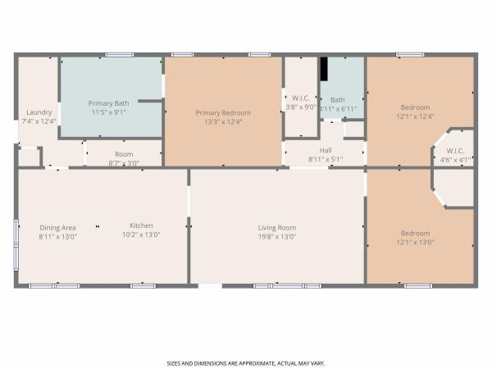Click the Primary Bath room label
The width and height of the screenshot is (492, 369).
(108, 103)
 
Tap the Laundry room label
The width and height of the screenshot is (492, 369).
(39, 112)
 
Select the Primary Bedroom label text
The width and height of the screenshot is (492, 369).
(223, 113)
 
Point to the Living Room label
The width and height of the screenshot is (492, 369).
(277, 228)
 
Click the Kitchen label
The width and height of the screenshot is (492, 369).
(141, 225)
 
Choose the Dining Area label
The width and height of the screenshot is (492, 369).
(57, 228)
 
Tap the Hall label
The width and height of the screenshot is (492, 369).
(326, 150)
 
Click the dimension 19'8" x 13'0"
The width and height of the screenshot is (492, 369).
(277, 237)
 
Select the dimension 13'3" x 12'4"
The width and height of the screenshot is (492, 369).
(223, 121)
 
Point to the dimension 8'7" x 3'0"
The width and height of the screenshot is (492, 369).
(124, 163)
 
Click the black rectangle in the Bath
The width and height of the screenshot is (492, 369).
(324, 69)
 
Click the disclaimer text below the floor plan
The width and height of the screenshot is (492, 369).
(246, 363)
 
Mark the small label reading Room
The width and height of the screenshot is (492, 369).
(124, 154)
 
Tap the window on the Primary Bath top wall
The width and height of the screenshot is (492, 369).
(119, 55)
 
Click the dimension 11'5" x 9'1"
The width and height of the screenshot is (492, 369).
(108, 112)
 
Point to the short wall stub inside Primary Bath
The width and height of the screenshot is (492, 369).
(150, 101)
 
